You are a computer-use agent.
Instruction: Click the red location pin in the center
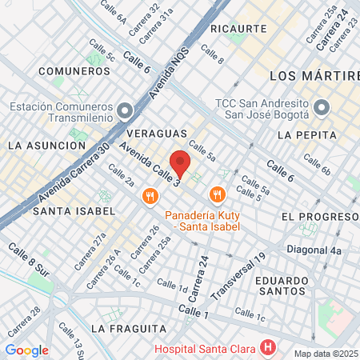pos(180,164)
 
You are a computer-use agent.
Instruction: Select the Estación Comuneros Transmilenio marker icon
pos(124,110)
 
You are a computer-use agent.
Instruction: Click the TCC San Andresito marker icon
pos(321,107)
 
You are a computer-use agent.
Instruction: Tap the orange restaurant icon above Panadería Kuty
pos(216,194)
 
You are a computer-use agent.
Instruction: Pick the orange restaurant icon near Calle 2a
pos(149,196)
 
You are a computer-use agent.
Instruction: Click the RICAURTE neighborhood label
pos(238,28)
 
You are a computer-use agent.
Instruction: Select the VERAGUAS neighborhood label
pos(157,133)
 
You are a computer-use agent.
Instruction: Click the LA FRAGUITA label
pos(128,328)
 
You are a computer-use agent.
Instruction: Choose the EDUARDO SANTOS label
pos(282,287)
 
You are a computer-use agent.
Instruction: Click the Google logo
pos(26,350)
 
